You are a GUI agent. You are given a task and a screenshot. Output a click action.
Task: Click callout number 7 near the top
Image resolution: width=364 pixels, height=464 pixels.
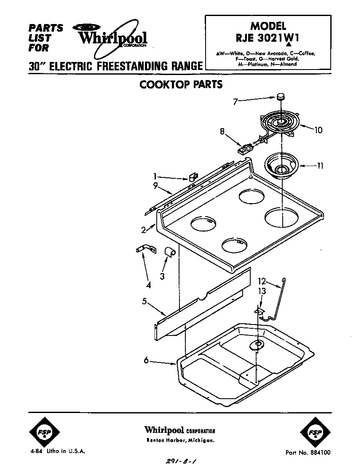click(235, 101)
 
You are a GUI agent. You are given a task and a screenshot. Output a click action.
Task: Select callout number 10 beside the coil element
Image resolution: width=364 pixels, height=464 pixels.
click(318, 130)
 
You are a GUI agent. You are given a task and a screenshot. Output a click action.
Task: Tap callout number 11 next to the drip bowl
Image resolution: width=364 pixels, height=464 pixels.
click(320, 166)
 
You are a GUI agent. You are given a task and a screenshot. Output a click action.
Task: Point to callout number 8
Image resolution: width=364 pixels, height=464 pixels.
click(222, 131)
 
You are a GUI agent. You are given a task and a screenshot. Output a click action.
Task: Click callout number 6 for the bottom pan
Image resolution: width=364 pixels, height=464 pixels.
click(146, 361)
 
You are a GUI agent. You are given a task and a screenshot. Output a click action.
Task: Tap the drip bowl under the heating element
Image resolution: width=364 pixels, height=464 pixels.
click(281, 166)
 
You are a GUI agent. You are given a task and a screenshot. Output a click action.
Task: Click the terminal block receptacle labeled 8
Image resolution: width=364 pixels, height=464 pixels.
click(245, 149)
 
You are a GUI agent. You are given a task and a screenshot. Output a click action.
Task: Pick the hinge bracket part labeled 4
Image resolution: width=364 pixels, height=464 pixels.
click(144, 250)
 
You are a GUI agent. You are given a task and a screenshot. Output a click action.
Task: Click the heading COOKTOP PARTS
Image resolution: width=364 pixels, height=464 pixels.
click(181, 84)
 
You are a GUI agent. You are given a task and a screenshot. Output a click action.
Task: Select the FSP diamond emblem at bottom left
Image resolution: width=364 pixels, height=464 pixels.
click(45, 433)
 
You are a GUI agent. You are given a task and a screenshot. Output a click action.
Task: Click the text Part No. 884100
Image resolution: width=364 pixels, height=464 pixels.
click(308, 453)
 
